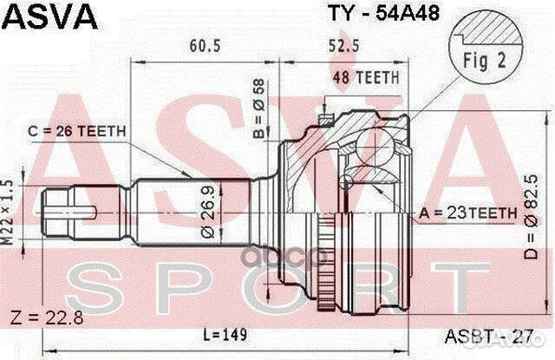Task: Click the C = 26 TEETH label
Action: pyautogui.click(x=77, y=131)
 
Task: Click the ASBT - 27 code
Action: pyautogui.click(x=502, y=333)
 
